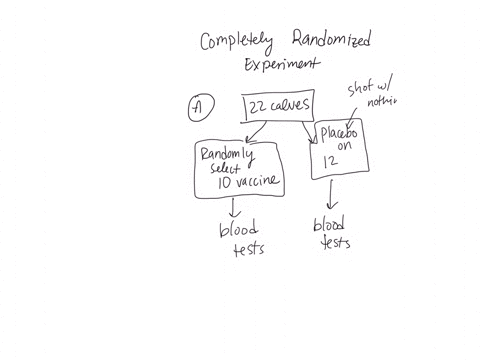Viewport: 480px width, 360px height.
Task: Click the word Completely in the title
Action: [x=237, y=42]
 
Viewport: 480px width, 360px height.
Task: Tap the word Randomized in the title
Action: [x=331, y=39]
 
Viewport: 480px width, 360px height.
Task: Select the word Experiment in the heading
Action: [x=283, y=64]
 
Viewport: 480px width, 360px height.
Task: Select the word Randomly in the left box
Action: [x=228, y=154]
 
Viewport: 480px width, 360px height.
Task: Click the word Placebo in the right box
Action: [x=341, y=134]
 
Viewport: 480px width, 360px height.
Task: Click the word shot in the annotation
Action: [x=360, y=88]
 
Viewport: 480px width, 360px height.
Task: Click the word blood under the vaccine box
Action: [x=239, y=231]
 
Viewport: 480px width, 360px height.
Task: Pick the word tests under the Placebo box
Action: [x=335, y=241]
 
